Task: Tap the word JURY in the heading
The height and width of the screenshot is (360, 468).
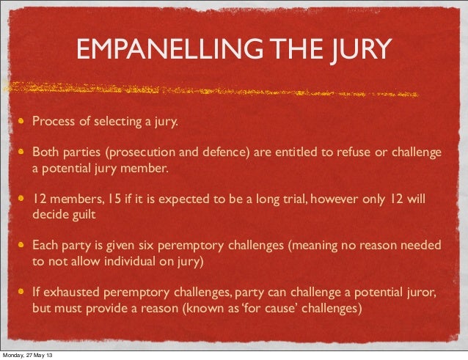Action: point(359,51)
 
